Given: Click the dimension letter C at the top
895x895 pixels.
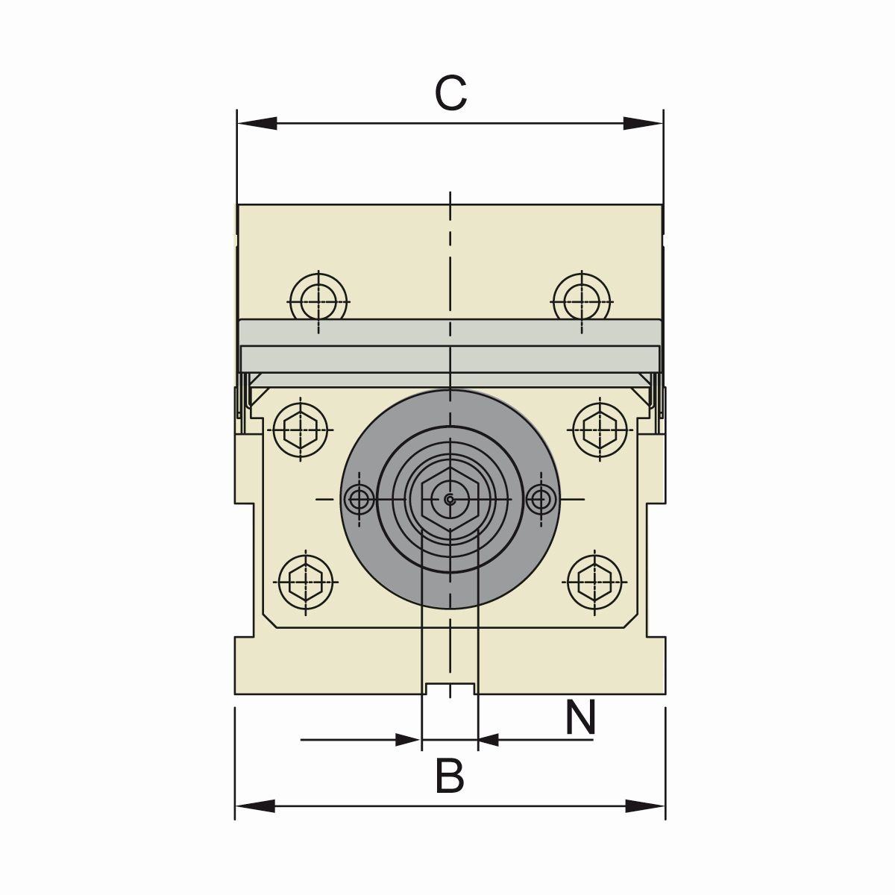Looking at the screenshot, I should (x=450, y=95).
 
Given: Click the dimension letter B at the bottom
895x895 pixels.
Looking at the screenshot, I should (x=450, y=776).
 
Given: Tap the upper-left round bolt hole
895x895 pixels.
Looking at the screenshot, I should (x=318, y=301).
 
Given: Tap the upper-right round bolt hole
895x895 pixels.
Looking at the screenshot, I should (x=582, y=301).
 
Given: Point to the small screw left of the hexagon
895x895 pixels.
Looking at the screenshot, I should (x=361, y=498).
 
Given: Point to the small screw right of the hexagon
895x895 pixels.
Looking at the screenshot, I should (x=540, y=498).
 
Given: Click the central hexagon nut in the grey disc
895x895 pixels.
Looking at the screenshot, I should (x=449, y=500).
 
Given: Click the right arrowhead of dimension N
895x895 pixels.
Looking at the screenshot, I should (x=489, y=740).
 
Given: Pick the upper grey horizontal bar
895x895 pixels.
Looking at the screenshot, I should (x=450, y=332).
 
